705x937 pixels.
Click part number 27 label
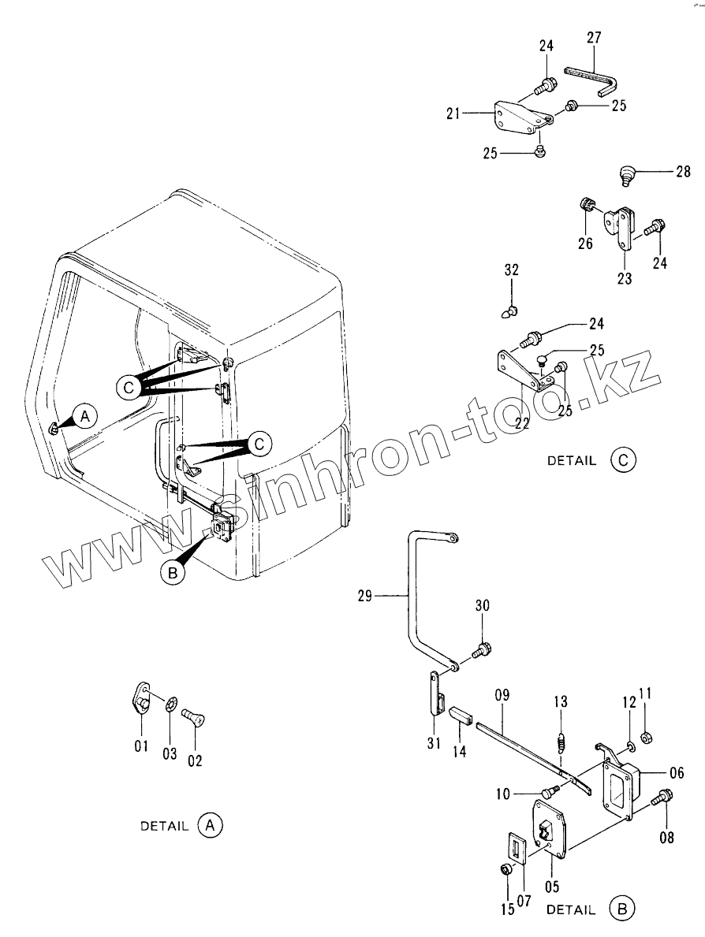594,37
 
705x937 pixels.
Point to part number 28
681,170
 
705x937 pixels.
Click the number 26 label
584,244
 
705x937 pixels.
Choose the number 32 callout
511,270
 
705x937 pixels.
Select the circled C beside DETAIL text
622,461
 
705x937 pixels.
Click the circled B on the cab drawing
174,574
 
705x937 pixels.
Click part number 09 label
502,695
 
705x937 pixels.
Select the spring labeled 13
559,742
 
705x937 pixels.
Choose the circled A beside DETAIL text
210,826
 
